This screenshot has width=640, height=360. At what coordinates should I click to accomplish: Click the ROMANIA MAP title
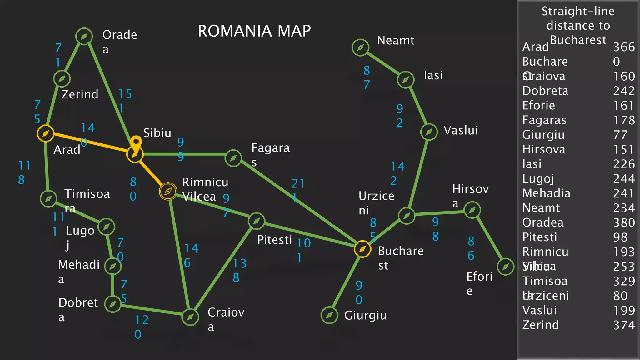[x=254, y=31]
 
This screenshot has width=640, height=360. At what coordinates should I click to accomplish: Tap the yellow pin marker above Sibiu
[x=136, y=143]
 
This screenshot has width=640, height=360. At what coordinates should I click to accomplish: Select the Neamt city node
[x=360, y=47]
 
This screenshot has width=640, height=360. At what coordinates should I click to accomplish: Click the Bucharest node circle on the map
[x=362, y=249]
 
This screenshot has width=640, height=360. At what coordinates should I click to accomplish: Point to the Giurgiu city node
[x=329, y=315]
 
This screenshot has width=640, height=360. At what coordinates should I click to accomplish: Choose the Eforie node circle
[x=505, y=267]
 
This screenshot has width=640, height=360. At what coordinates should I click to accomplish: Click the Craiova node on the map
[x=190, y=317]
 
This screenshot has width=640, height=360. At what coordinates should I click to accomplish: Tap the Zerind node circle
[x=62, y=78]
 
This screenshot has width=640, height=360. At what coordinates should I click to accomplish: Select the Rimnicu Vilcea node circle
[x=168, y=191]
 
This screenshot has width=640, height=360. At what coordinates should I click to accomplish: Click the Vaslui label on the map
[x=461, y=130]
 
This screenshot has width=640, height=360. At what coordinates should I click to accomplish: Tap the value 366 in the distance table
[x=624, y=47]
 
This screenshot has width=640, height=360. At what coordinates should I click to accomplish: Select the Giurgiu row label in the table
[x=543, y=135]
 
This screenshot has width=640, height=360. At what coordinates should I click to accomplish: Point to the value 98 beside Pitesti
[x=620, y=237]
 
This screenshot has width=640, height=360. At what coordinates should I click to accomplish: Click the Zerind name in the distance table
[x=540, y=325]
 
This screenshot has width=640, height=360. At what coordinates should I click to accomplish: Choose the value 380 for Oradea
[x=624, y=223]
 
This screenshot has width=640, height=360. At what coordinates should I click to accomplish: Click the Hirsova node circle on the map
[x=472, y=210]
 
